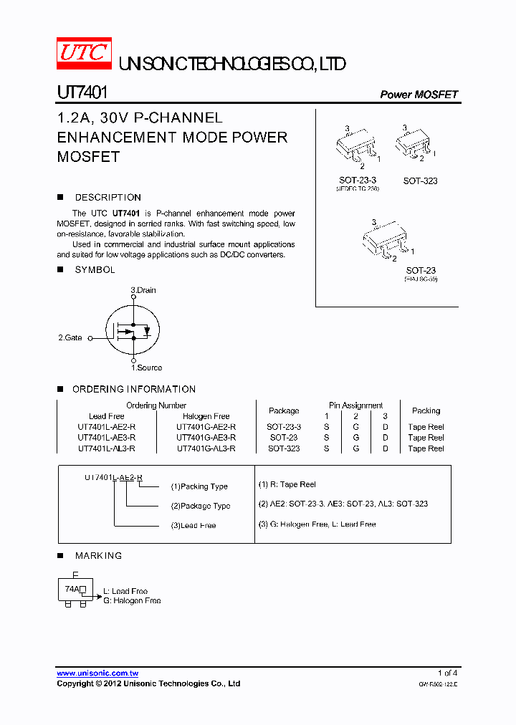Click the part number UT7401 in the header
point(82,93)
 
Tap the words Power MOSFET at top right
point(419,95)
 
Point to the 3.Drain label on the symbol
point(143,290)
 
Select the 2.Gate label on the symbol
point(70,337)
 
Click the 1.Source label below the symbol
point(146,368)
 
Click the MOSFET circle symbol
point(133,331)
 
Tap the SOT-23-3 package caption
point(358,181)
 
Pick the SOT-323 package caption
point(420,181)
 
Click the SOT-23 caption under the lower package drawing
point(421,270)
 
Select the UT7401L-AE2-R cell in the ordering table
point(106,426)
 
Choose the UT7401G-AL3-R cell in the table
point(206,448)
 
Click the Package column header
point(284,410)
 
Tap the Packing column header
point(426,410)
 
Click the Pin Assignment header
point(355,405)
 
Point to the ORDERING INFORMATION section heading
point(134,389)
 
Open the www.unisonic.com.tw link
point(97,673)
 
